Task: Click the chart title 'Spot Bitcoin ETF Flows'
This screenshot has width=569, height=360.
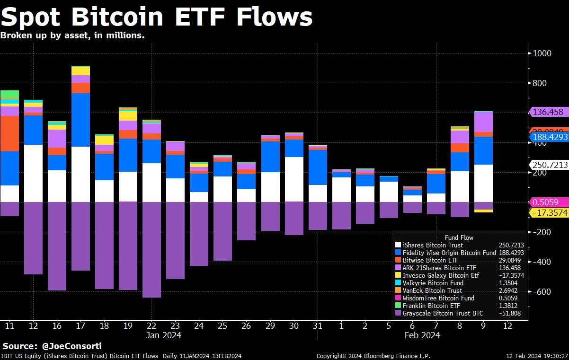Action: [x=157, y=18]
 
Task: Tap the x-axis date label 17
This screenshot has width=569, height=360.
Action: [x=80, y=325]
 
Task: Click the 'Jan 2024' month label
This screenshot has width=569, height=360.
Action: [x=163, y=335]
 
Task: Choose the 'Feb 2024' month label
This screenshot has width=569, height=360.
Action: [x=422, y=335]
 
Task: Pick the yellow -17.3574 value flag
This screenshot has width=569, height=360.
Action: [x=549, y=213]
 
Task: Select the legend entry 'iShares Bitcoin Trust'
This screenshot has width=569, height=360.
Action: [x=433, y=245]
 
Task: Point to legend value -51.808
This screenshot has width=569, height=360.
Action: [x=509, y=313]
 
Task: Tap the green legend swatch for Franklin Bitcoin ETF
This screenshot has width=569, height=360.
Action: [x=398, y=306]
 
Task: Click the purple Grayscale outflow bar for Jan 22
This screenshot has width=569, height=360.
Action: [x=151, y=249]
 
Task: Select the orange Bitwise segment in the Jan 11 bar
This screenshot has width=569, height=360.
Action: [x=9, y=133]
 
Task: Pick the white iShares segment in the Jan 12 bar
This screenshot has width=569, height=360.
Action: [x=33, y=173]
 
